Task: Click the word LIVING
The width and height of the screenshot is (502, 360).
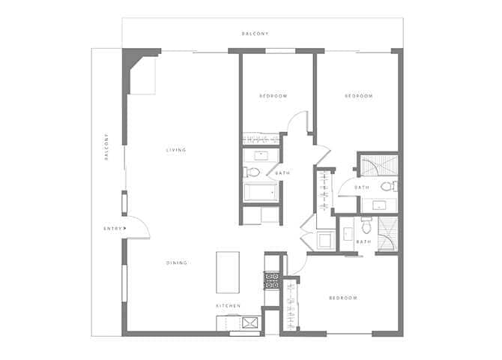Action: [x=176, y=150]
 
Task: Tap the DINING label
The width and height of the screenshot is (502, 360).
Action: [x=177, y=262]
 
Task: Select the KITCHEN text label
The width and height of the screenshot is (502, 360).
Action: [x=229, y=306]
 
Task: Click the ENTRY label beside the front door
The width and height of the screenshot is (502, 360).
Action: [x=112, y=228]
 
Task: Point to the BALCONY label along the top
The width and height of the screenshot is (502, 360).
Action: [x=255, y=34]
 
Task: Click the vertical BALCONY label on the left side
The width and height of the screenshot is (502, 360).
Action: [x=107, y=147]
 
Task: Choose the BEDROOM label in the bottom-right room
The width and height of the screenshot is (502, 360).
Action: [x=343, y=298]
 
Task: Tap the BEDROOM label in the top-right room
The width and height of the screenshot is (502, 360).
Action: [x=358, y=96]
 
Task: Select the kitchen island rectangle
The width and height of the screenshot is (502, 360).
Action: [x=227, y=272]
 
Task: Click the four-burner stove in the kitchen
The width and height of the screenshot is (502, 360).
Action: [x=272, y=280]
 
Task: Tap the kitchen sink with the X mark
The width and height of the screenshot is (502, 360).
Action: [x=250, y=322]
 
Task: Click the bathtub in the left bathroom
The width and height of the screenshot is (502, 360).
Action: [x=260, y=193]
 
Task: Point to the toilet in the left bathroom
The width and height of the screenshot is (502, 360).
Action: [x=252, y=173]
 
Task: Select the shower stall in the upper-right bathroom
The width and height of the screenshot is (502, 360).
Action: [x=378, y=163]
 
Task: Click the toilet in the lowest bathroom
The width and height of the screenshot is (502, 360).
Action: [x=366, y=226]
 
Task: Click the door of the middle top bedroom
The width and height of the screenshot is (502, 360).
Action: [x=300, y=124]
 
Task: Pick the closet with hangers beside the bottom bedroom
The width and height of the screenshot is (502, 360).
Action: [x=290, y=304]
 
